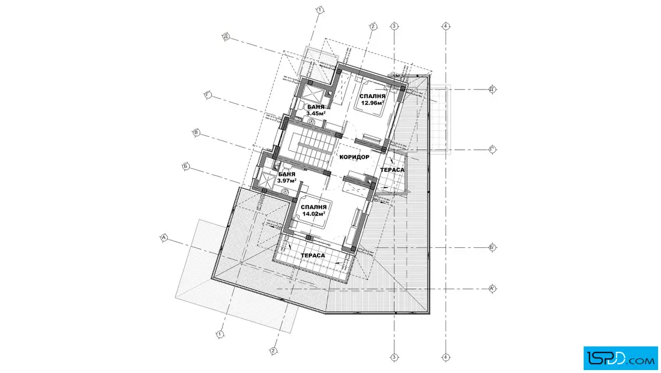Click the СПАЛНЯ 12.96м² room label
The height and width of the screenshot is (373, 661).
[372, 100]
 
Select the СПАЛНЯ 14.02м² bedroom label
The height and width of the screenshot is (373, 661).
[313, 210]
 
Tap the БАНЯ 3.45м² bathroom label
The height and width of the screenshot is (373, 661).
[316, 110]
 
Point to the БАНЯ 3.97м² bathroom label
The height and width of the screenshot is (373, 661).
[287, 178]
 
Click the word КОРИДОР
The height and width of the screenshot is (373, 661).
[354, 157]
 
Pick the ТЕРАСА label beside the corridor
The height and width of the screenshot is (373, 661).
[392, 170]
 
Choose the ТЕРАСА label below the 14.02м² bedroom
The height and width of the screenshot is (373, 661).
[313, 256]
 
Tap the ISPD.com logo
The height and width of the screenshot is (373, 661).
[620, 358]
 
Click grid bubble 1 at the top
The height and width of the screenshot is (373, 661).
[320, 9]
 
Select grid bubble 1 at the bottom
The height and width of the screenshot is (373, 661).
[220, 334]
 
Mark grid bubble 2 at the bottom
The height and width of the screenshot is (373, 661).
[273, 351]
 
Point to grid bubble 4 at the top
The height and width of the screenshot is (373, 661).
[446, 26]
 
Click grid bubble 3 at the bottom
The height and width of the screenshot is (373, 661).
[394, 358]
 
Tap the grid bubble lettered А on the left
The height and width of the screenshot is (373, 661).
[164, 238]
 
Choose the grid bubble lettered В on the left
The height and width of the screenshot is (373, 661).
[196, 133]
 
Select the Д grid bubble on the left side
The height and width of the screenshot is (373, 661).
[226, 37]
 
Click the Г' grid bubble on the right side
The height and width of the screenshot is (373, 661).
[492, 149]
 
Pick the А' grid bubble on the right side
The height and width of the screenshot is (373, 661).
[492, 289]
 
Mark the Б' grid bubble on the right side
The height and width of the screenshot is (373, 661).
[492, 247]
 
